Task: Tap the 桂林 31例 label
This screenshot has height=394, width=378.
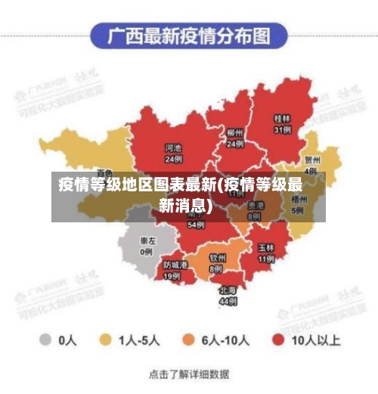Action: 283,124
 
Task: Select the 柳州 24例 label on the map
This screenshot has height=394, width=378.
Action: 235,138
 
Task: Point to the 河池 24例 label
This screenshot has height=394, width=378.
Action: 174,154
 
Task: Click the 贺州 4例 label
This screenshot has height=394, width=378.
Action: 311,165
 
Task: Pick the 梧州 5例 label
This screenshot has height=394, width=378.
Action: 300,205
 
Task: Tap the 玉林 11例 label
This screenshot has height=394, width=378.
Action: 265,253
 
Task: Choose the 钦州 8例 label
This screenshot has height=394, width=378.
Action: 217,262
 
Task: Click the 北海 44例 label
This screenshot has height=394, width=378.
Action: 228,295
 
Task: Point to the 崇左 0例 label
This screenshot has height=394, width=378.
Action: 146,246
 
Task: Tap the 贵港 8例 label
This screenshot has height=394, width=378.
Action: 255,210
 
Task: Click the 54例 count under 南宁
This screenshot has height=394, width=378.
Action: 196,225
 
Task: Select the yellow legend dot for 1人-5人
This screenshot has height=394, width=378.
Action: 107,340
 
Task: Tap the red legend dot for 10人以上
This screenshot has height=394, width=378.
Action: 278,340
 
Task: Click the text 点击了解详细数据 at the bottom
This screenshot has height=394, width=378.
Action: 189,374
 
